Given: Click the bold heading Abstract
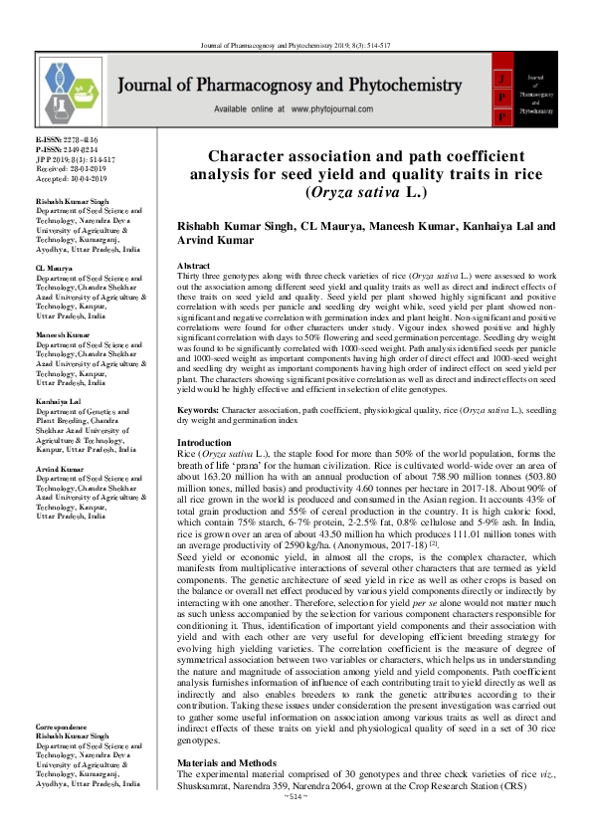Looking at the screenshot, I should point(193,268).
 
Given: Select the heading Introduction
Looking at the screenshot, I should point(204,442).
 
